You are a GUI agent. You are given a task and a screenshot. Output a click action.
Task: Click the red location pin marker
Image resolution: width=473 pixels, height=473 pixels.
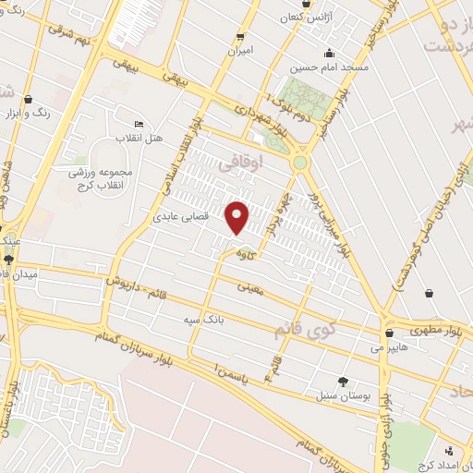pyautogui.click(x=237, y=217)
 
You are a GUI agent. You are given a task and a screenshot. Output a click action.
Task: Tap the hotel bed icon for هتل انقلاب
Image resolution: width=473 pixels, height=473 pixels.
pyautogui.click(x=139, y=125)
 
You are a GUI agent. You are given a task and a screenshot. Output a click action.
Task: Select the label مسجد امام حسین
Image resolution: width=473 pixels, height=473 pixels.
pyautogui.click(x=330, y=67)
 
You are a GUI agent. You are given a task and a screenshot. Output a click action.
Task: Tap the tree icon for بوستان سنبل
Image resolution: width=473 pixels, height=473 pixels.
pyautogui.click(x=344, y=382)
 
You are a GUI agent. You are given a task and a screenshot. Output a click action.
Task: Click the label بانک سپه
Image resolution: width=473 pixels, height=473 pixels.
pyautogui.click(x=203, y=320)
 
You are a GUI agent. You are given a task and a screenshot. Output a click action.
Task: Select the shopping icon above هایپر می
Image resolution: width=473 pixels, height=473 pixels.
pyautogui.click(x=389, y=334)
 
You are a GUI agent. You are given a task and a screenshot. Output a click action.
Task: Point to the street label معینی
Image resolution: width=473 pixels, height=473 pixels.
pyautogui.click(x=250, y=287)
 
